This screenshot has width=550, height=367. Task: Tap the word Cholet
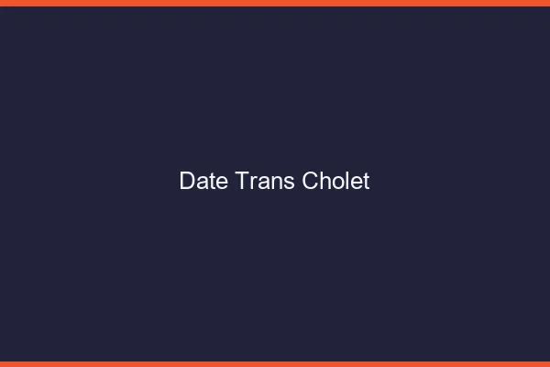click(335, 181)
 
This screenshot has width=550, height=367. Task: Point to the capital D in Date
click(186, 181)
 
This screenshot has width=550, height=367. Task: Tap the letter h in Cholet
click(324, 181)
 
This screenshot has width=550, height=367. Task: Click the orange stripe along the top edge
click(275, 3)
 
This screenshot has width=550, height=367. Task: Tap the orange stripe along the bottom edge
click(275, 363)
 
